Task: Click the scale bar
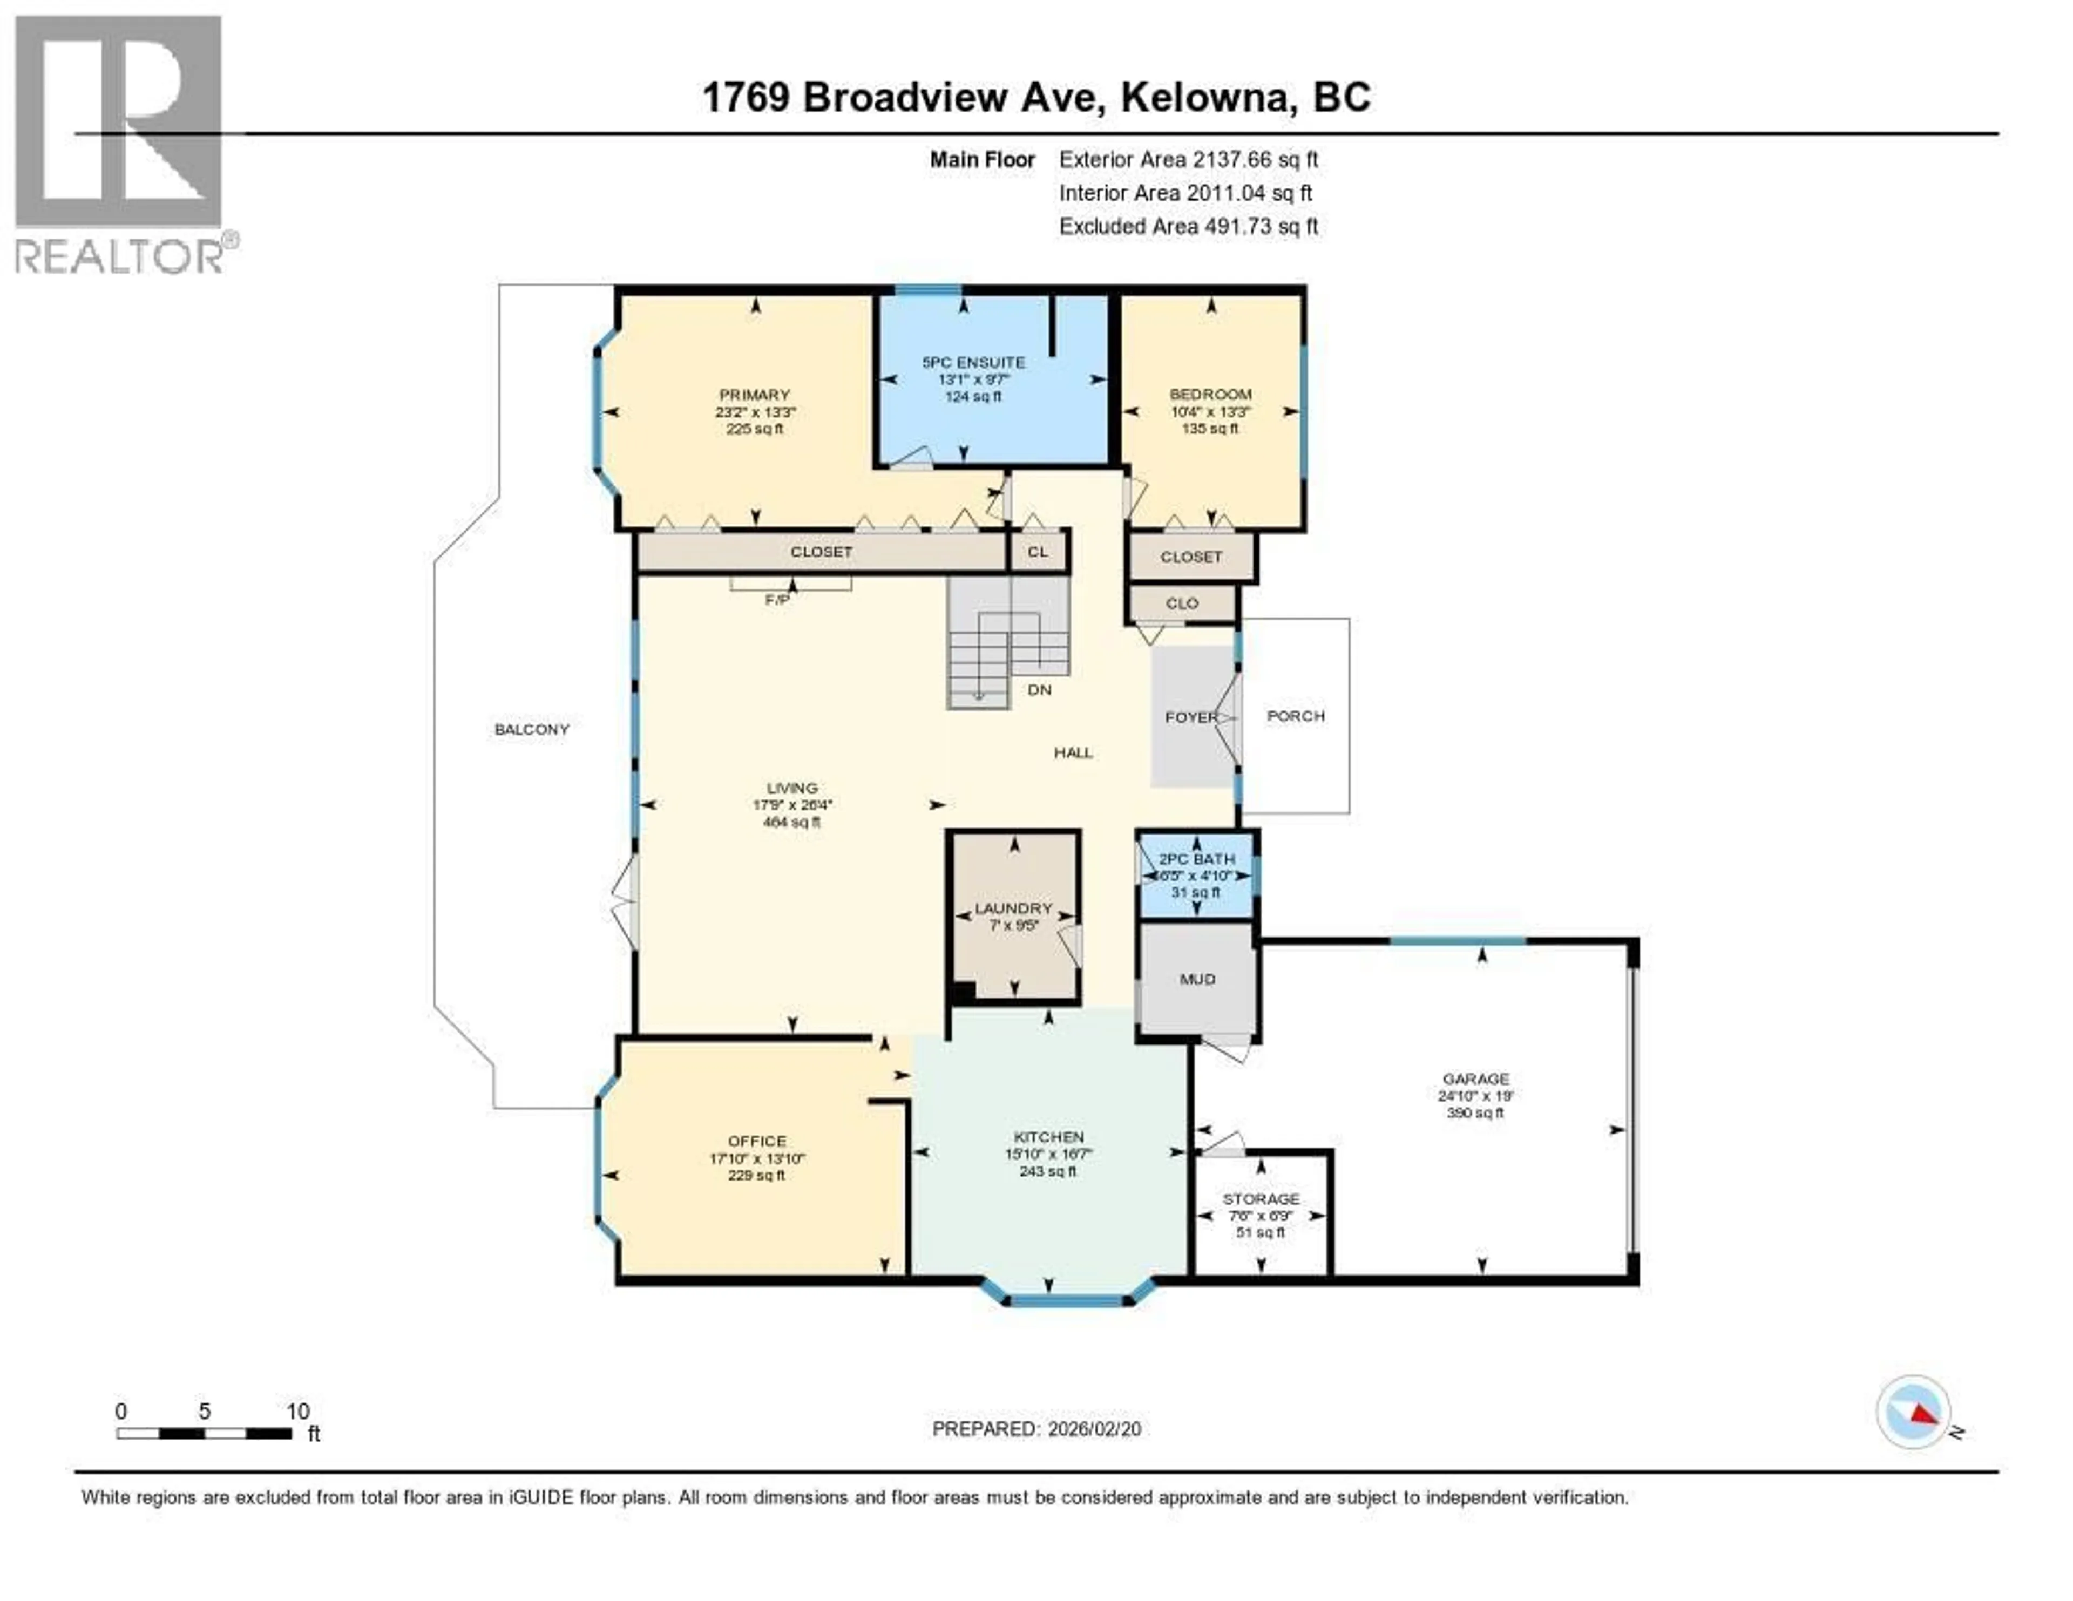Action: [204, 1433]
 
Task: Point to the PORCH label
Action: [1296, 716]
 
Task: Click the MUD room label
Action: [1197, 979]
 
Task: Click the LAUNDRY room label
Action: [1014, 909]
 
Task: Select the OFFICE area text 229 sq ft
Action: [756, 1176]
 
